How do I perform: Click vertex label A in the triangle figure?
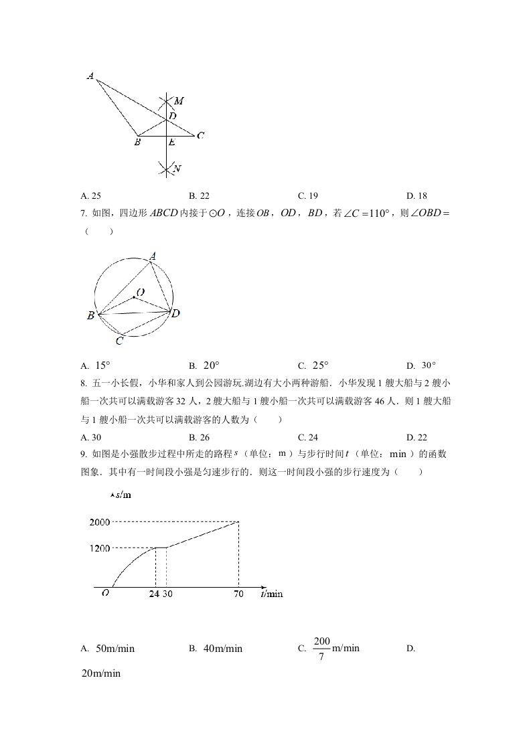(x=90, y=76)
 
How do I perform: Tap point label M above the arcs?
(x=179, y=101)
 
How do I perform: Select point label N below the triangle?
(x=177, y=169)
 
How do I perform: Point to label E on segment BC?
(x=171, y=143)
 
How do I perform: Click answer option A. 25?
(x=90, y=196)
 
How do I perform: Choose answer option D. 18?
(x=416, y=196)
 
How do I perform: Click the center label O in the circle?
(x=140, y=292)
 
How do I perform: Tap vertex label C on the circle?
(x=119, y=341)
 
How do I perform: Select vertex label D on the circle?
(x=175, y=313)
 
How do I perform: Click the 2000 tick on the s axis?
(x=98, y=522)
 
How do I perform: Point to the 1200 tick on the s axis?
(x=98, y=548)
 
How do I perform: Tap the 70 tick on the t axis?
(x=238, y=594)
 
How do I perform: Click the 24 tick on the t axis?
(x=154, y=594)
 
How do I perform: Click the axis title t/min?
(x=271, y=594)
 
